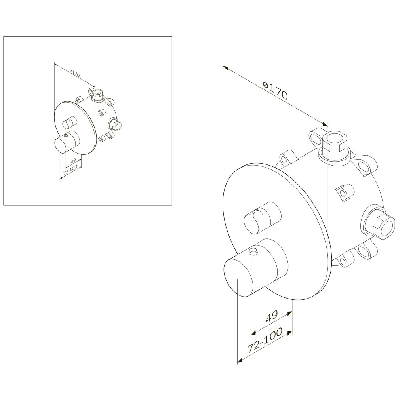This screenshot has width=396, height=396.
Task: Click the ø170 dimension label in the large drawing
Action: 275,90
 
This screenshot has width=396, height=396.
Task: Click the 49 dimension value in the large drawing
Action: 272,316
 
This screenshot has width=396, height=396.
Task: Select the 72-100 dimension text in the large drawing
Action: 265,341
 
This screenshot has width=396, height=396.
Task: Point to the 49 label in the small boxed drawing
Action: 73,161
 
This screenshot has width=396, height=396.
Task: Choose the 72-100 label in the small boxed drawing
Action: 70,170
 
